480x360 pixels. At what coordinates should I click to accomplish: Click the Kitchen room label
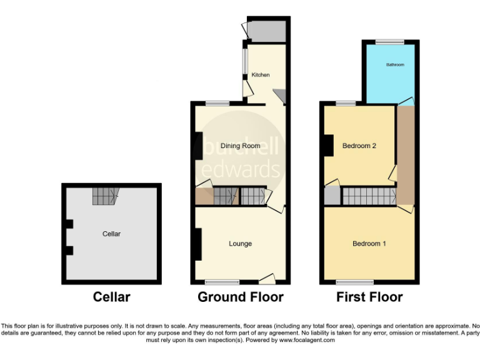[261, 75]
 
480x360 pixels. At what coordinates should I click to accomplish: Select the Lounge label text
[240, 244]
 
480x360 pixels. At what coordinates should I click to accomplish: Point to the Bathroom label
[395, 65]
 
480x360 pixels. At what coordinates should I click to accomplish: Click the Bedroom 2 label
[359, 146]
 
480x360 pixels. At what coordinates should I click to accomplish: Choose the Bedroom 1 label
[369, 244]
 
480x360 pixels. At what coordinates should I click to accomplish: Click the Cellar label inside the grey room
[111, 234]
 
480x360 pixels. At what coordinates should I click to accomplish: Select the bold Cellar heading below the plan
[111, 297]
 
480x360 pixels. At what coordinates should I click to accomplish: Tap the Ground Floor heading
[241, 297]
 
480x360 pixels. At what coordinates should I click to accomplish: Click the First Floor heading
[369, 297]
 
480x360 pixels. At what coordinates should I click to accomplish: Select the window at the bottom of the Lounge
[222, 282]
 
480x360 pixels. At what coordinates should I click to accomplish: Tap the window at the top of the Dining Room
[217, 103]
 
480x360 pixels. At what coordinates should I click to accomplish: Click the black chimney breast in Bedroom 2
[326, 146]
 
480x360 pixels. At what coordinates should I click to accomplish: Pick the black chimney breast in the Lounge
[197, 244]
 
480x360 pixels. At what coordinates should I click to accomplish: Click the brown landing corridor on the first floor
[406, 156]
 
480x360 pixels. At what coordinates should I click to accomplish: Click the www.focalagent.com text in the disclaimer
[307, 341]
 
